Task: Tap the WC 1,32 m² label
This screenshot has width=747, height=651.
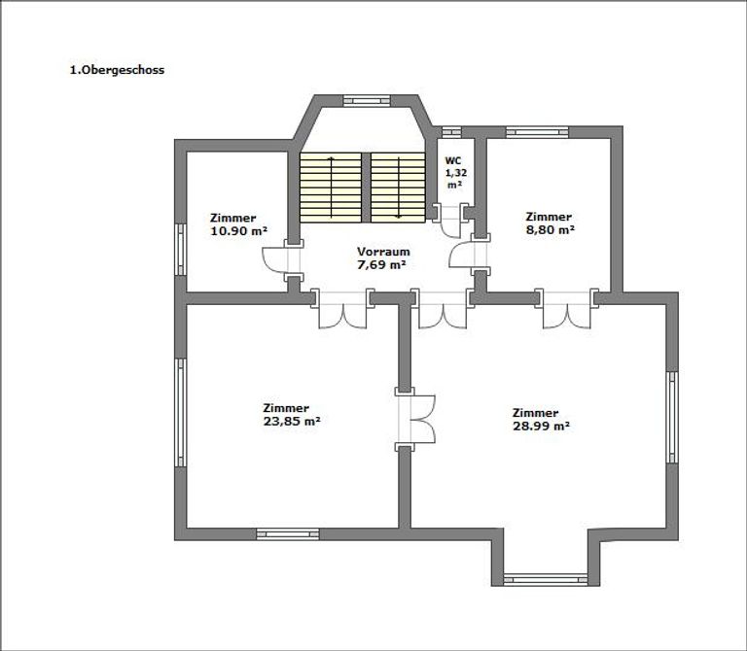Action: coord(453,171)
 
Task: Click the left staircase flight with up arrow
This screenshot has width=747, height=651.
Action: coord(332,187)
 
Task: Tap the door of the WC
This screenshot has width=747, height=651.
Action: coord(450,221)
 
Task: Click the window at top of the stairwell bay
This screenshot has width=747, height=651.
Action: coord(363,99)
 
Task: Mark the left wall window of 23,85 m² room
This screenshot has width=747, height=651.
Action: coord(179,412)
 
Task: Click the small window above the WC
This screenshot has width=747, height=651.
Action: coord(450,131)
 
